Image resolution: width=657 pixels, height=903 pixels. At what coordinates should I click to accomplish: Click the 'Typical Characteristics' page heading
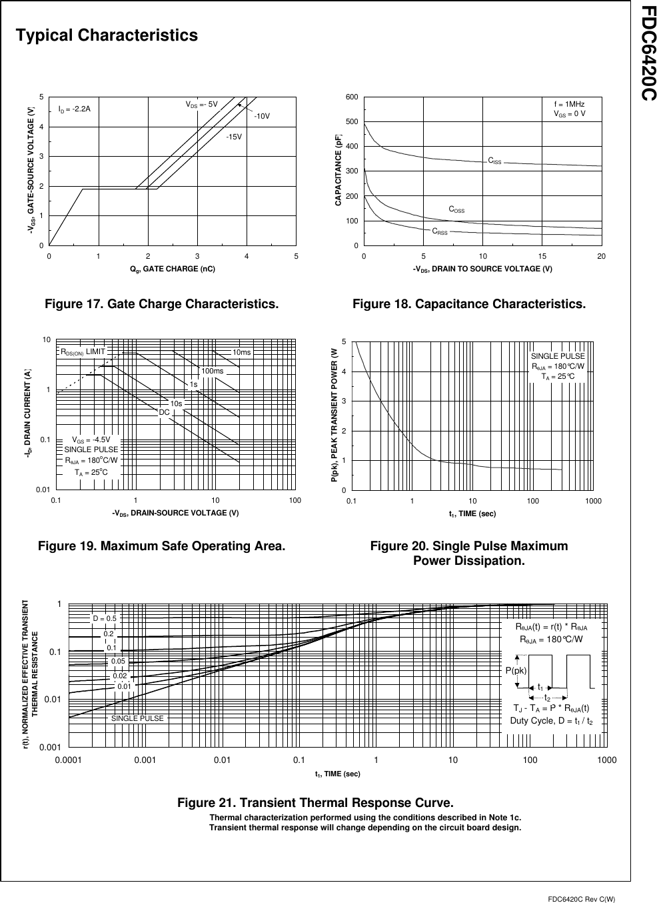coord(107,35)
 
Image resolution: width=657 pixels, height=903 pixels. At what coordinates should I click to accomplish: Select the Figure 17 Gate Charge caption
coord(161,304)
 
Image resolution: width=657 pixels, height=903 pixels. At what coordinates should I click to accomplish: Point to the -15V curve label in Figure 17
coord(233,137)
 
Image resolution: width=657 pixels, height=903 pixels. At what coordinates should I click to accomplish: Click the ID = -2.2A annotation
coord(74,108)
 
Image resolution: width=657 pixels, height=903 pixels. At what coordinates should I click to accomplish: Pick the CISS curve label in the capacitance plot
coord(495,161)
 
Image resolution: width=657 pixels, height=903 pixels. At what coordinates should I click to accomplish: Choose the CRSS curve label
coord(440,232)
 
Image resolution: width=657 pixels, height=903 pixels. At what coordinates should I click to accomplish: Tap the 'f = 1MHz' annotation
coord(569,104)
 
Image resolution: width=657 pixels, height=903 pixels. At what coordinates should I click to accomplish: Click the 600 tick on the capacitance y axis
coord(351,97)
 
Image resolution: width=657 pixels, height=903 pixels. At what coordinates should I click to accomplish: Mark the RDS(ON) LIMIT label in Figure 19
coord(83,351)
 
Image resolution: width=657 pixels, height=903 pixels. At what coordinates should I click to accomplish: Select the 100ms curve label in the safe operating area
coord(212,371)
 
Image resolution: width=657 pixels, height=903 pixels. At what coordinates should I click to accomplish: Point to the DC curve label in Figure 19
coord(163,413)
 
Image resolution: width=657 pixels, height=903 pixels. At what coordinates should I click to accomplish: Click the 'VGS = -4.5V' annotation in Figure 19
coord(91,439)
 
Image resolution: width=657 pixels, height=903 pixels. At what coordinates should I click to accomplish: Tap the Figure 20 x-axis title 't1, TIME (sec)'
coord(472,514)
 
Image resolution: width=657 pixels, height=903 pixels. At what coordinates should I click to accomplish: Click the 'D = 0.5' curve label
coord(105,618)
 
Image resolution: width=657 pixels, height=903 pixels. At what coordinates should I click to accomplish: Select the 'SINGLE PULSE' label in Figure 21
coord(137,718)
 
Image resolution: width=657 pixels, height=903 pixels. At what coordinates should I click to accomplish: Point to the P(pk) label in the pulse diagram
coord(516,670)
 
